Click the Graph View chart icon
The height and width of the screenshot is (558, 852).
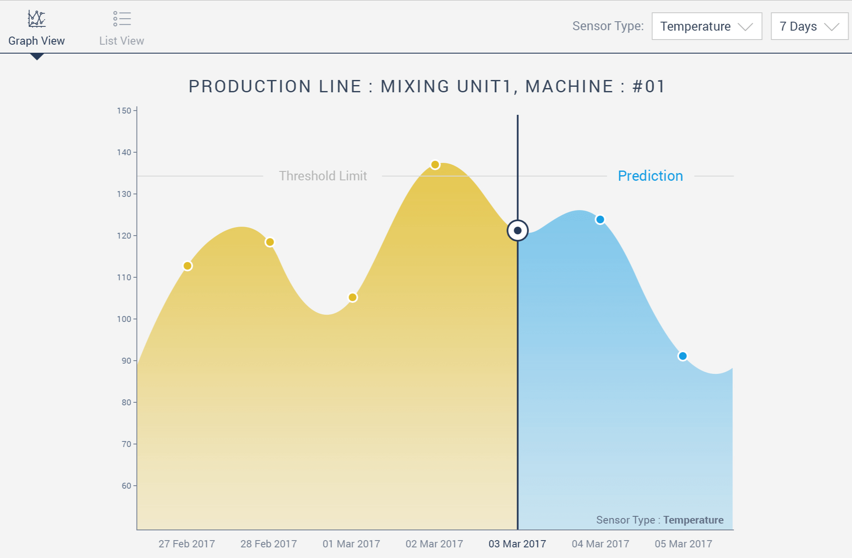click(x=37, y=19)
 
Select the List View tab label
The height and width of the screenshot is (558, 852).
click(x=122, y=41)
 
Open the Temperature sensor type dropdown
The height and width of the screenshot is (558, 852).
click(x=707, y=26)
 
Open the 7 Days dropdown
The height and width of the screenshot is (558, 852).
click(x=809, y=26)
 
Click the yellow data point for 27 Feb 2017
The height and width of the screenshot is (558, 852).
click(x=187, y=266)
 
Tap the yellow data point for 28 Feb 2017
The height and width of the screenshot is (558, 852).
click(x=270, y=242)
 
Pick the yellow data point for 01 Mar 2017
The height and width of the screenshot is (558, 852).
click(x=352, y=297)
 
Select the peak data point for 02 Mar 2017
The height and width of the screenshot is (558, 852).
click(x=435, y=165)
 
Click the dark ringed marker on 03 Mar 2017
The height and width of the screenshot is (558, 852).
click(x=517, y=231)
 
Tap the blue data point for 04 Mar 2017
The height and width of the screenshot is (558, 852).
click(x=600, y=219)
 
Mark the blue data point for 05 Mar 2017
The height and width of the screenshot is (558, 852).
click(x=683, y=356)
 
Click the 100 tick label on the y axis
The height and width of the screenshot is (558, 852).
click(x=124, y=319)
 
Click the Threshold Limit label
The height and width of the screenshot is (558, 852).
click(x=323, y=176)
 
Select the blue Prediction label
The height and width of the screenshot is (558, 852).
click(x=650, y=176)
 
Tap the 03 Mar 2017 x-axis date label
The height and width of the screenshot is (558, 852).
click(x=517, y=544)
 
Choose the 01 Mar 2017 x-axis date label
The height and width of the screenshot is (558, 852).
click(x=351, y=544)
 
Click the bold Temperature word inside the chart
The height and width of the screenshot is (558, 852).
click(x=693, y=520)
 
